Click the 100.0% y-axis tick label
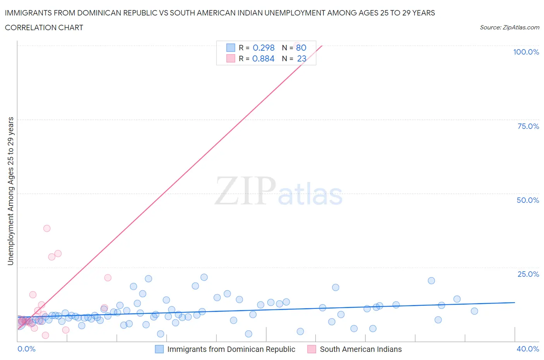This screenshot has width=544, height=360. (x=526, y=52)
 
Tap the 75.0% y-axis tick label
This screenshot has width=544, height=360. (x=528, y=126)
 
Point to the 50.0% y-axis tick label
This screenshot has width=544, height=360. (x=528, y=200)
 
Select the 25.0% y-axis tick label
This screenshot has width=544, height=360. (x=528, y=274)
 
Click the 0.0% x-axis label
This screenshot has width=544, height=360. (x=26, y=349)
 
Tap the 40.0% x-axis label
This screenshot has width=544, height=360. (x=528, y=349)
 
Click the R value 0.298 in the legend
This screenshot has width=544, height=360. (x=263, y=48)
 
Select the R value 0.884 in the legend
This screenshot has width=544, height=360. (x=263, y=58)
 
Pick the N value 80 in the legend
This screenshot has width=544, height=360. (x=301, y=48)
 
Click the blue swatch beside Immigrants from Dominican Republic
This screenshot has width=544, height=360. (x=159, y=349)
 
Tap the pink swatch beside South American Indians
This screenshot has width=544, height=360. (x=311, y=349)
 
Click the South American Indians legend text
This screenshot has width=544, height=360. (x=361, y=349)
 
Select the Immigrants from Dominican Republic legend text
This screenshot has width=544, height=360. (x=231, y=349)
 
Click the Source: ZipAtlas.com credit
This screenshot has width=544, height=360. (x=509, y=27)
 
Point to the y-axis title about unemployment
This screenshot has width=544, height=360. (x=10, y=191)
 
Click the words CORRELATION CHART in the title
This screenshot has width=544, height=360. (x=44, y=27)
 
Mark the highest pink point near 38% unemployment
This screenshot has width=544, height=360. (x=47, y=228)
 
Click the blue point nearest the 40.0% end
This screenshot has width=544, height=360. (x=474, y=311)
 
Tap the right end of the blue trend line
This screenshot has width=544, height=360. (x=515, y=302)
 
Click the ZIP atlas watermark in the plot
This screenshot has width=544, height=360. (x=279, y=191)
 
